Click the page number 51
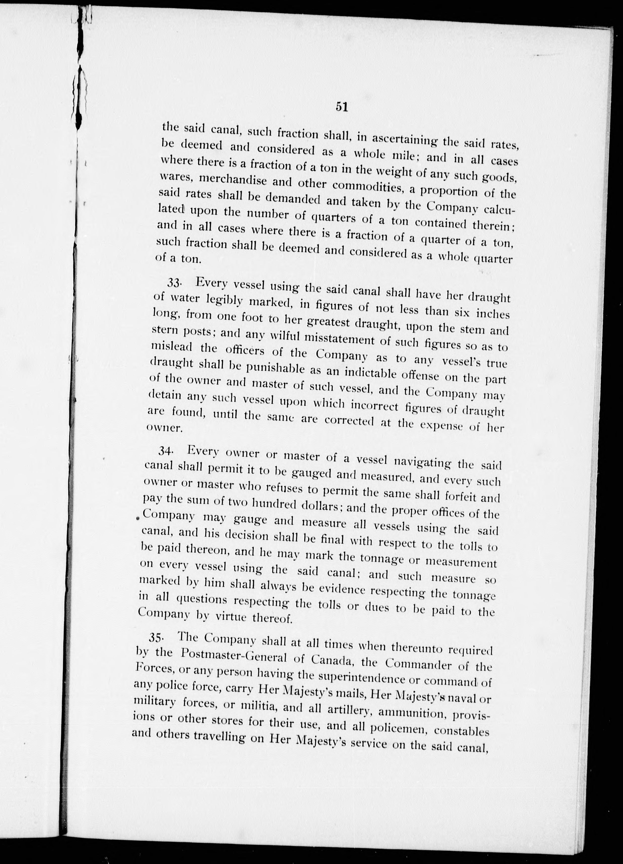[341, 107]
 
